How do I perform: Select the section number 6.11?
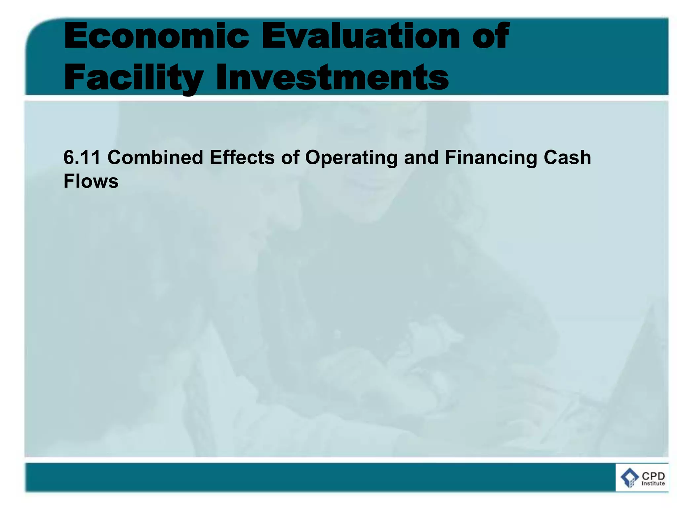coord(82,157)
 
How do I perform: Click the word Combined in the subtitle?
coord(155,157)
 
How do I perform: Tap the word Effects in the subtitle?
coord(242,157)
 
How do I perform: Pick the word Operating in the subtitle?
coord(351,158)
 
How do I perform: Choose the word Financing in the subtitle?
coord(491,158)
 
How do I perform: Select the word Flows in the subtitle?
coord(91,181)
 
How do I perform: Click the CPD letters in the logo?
coord(653,476)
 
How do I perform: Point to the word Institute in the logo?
coord(653,484)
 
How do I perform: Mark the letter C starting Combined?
coord(114,157)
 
